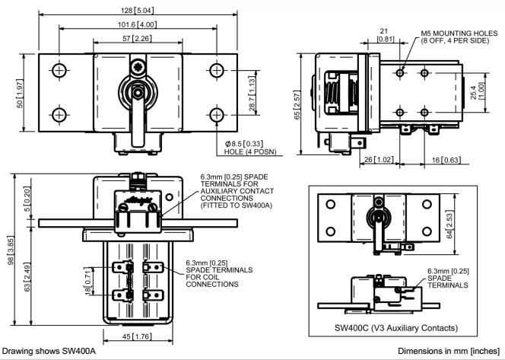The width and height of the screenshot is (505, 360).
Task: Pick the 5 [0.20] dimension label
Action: (x=27, y=203)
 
